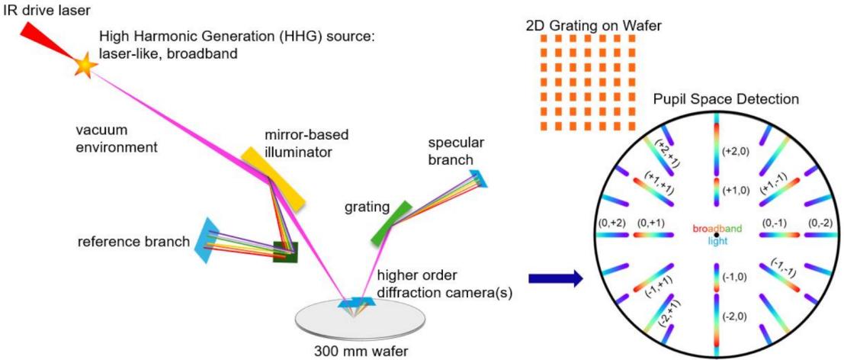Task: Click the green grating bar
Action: pos(392,223)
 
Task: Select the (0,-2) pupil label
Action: pos(817,222)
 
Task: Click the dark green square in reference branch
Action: pos(285,251)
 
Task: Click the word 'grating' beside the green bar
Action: pos(367,206)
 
